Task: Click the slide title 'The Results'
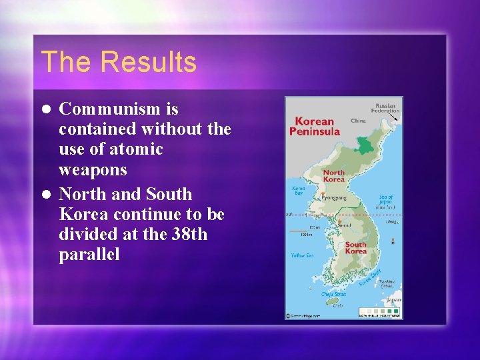coord(119,62)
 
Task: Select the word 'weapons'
coord(93,169)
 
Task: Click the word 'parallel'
coord(89,255)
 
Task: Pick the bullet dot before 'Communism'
coord(45,109)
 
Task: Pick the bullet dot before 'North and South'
coord(45,195)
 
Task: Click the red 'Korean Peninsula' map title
coord(314,126)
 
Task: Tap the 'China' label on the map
coord(358,121)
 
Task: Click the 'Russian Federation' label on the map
coord(385,107)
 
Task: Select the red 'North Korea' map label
coord(333,176)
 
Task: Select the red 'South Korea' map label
coord(355,248)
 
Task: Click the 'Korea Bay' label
coord(299,191)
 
